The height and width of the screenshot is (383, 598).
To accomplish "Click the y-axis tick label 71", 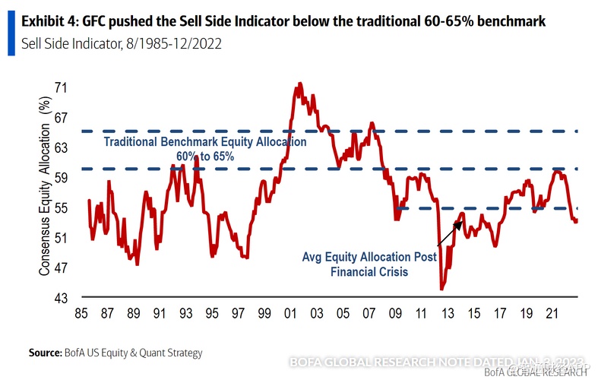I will tap(61, 88).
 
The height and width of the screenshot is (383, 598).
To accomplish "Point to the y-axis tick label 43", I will tap(61, 297).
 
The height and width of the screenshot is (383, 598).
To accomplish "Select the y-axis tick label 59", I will tap(61, 178).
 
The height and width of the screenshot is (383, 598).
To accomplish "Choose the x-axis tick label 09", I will tap(396, 313).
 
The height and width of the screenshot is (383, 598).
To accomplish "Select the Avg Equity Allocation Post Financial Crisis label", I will tap(369, 264).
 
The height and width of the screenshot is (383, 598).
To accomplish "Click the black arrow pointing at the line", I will tap(450, 233).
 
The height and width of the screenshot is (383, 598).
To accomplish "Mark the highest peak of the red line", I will tap(299, 84).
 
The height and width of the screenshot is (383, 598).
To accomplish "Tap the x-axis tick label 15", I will tap(475, 313).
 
